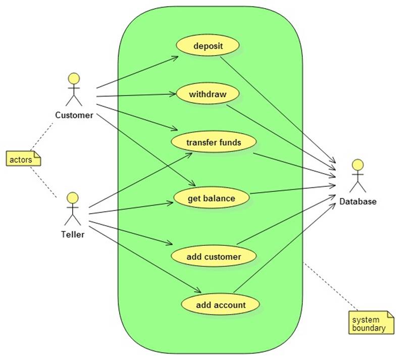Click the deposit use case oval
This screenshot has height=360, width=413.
point(208,46)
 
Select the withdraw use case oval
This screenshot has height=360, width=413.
point(208,94)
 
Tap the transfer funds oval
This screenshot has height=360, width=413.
point(214,142)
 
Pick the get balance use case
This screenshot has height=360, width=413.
point(211,198)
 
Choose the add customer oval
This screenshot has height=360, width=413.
point(214,256)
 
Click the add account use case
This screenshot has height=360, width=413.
point(221,304)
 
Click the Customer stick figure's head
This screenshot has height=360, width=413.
point(74,79)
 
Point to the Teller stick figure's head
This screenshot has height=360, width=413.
point(73,197)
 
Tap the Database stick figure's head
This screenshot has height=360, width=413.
point(357,165)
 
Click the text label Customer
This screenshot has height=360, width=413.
point(74,115)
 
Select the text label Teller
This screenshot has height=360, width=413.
point(73,234)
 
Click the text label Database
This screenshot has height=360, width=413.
point(357,201)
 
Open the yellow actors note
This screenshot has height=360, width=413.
point(23,159)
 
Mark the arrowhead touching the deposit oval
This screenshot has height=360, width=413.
point(175,58)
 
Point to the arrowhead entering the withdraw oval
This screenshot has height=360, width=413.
point(172,94)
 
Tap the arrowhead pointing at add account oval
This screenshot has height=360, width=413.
point(198,291)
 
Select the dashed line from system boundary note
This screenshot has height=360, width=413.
point(331,287)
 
